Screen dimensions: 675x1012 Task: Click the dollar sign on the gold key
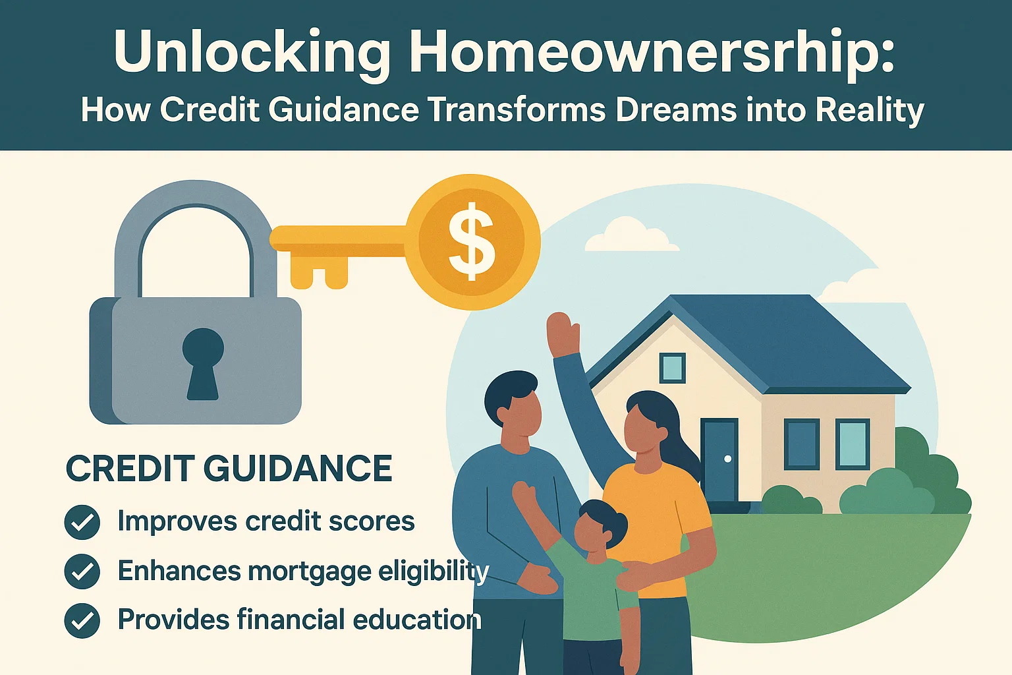(x=471, y=242)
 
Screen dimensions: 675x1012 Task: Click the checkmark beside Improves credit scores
(x=82, y=522)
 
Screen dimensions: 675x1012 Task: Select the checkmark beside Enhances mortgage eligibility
(x=82, y=571)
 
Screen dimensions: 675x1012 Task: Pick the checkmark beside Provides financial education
(x=82, y=620)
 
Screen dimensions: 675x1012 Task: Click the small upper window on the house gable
(x=672, y=367)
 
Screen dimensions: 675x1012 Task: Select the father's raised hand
(x=563, y=333)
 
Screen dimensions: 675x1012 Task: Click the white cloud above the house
(x=629, y=236)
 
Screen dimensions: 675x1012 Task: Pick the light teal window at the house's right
(x=853, y=444)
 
